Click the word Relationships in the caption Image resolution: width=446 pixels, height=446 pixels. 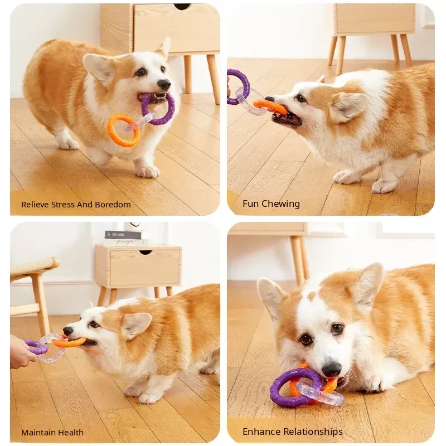point(314,432)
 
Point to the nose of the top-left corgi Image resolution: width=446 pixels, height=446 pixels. point(164,84)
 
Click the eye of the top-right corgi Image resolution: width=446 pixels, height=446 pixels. point(300,99)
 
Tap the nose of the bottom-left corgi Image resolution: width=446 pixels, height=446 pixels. point(67,331)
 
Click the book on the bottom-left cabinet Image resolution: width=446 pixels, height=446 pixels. point(123,235)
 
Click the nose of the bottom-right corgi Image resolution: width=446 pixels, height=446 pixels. point(331,370)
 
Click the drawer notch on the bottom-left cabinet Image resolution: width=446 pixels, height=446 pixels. point(146,253)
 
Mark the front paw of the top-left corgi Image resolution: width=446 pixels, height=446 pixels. point(147,171)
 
